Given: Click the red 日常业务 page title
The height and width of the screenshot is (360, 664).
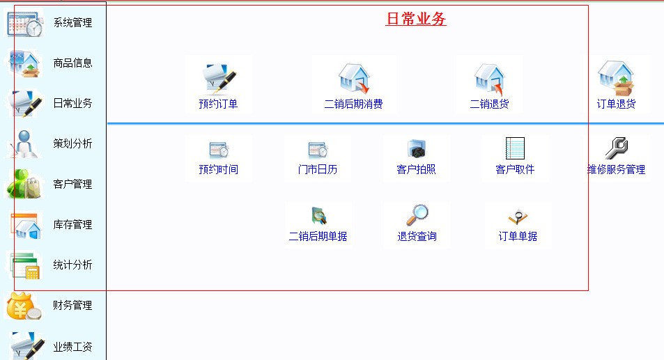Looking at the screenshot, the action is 416,19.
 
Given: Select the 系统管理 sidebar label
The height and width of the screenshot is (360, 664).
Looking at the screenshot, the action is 72,22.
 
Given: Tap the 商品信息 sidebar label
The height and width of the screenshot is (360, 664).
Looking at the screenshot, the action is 72,63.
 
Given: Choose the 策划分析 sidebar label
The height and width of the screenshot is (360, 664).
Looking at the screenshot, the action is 72,144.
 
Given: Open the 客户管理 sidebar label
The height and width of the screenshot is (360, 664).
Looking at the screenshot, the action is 72,184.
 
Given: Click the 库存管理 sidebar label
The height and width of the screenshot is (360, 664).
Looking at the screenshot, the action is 72,225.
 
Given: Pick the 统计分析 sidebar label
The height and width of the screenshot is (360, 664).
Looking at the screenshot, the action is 72,265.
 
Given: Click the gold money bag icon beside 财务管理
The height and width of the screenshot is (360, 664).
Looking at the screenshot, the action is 23,306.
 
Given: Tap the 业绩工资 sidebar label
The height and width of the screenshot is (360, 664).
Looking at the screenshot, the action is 72,347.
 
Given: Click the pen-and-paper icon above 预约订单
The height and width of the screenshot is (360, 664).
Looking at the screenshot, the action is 219,78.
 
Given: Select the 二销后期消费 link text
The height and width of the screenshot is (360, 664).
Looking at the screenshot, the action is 353,104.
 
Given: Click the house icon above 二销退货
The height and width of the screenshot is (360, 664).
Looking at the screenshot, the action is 489,78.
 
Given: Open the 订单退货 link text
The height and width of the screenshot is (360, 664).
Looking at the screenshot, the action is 616,104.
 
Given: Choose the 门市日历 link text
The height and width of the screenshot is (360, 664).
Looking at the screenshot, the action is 318,170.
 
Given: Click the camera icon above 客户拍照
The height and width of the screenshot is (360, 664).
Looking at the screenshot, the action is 417,149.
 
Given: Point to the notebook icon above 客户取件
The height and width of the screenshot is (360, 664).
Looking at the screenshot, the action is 515,148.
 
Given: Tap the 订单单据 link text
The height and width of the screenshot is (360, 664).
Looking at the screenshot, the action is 518,237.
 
